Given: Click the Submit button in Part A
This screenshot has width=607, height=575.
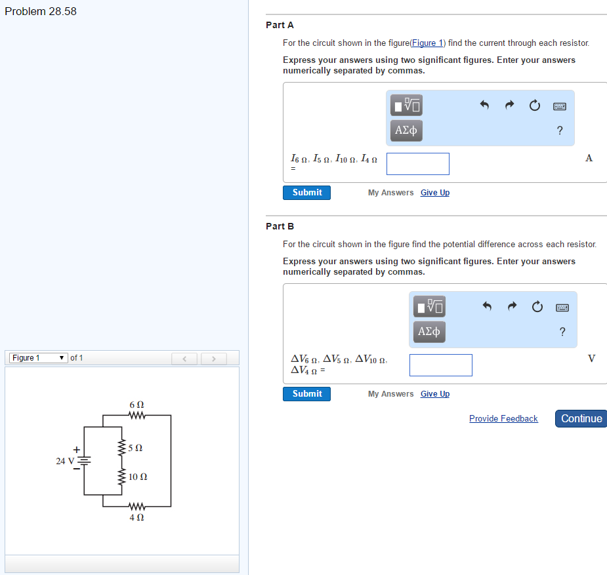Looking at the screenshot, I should (x=306, y=193).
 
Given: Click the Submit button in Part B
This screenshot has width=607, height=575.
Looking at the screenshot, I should (x=306, y=394).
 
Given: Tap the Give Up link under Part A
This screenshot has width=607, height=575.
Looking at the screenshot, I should (x=434, y=193).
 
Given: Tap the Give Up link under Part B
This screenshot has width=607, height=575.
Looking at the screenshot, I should (x=434, y=394).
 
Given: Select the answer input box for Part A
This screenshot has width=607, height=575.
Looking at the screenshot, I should (x=417, y=164).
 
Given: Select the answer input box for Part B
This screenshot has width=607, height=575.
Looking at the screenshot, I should (x=440, y=365).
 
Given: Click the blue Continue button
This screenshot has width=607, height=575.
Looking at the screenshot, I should (x=581, y=418).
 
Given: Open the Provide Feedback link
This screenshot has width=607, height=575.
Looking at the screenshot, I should (x=503, y=419).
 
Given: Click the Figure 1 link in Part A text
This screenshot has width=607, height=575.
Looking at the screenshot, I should (x=427, y=43).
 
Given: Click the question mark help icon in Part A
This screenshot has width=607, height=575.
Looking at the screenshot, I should (x=559, y=130).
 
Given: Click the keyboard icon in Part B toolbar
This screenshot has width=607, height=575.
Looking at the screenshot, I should (x=562, y=307).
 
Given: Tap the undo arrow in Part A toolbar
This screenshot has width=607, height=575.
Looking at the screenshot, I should (x=485, y=105).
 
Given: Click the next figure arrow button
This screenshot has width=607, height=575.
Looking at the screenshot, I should (x=213, y=359).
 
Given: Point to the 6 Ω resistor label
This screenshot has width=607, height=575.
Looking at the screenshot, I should (x=136, y=405).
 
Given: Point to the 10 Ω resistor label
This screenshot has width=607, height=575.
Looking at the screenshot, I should (x=138, y=477).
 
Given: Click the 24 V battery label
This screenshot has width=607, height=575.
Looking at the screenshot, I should (x=65, y=461).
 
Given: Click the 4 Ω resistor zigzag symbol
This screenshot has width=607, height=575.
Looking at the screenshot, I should (x=136, y=506).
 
